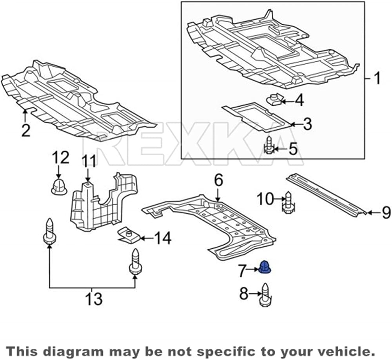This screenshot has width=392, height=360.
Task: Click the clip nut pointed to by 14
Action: (x=129, y=235)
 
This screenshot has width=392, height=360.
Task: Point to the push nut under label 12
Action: (x=59, y=187)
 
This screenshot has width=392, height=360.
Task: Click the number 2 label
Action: (x=26, y=130)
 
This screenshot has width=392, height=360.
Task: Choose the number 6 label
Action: (x=218, y=180)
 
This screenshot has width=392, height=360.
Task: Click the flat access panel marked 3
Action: (x=257, y=116)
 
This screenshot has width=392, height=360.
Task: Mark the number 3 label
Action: (x=307, y=124)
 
